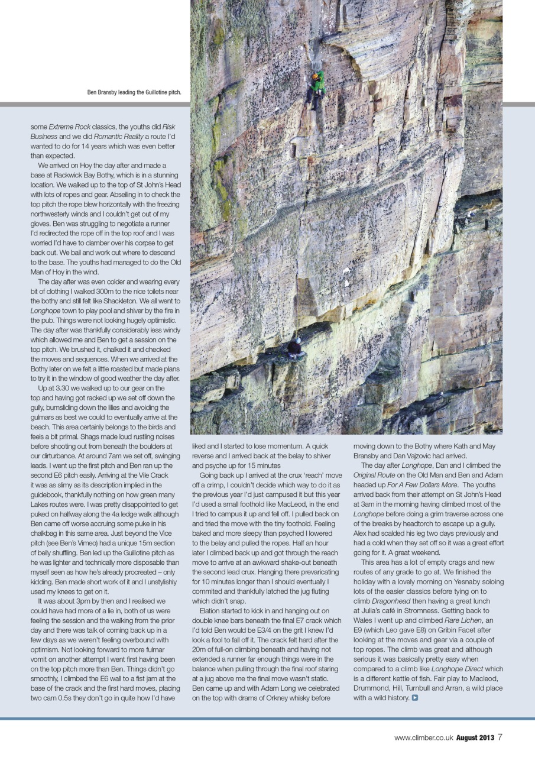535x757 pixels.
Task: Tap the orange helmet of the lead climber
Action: coord(316,76)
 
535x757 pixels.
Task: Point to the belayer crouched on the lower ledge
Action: coord(295,349)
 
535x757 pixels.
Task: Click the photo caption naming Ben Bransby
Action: coord(134,92)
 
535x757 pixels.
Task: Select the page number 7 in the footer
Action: coord(500,737)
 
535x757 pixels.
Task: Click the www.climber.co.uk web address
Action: coord(423,737)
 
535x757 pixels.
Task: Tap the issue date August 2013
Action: coord(475,737)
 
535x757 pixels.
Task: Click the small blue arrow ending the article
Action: coord(415,698)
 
